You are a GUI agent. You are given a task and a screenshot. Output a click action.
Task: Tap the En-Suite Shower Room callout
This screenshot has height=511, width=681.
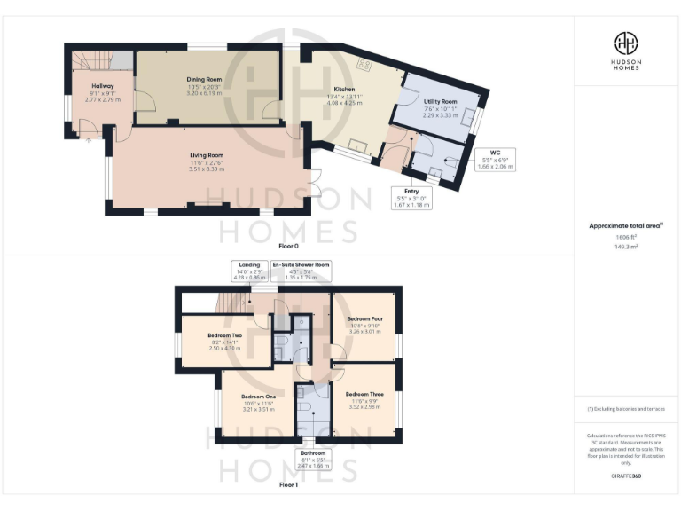point(301,271)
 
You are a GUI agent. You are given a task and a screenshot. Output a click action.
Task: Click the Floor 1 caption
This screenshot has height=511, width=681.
point(288,485)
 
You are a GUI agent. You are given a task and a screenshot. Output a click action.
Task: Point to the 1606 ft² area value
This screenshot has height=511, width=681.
point(626,238)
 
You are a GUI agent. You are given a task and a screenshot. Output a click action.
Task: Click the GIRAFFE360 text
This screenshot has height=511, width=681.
point(626,476)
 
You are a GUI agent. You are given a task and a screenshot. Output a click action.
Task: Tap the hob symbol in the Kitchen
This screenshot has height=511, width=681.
point(363,65)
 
